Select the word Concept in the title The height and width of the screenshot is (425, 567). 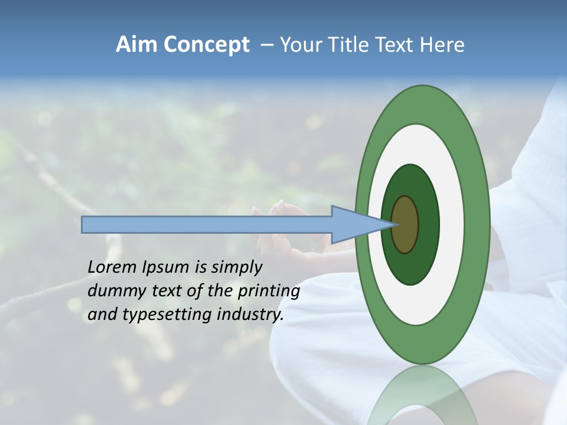pyautogui.click(x=206, y=45)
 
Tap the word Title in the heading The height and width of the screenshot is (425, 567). pyautogui.click(x=351, y=45)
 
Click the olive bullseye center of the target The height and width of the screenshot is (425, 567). pyautogui.click(x=406, y=224)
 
